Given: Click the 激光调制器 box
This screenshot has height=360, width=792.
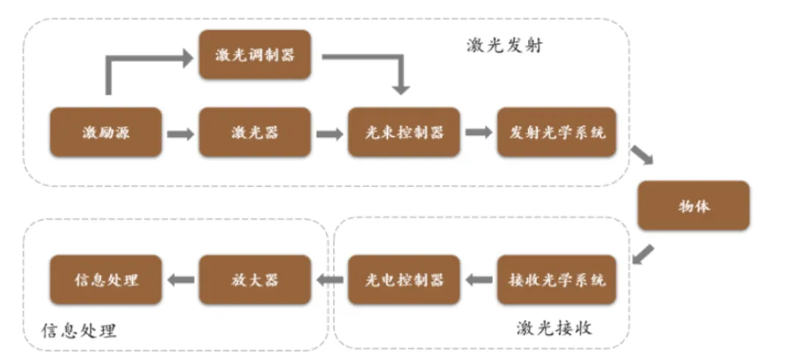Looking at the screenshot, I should coord(254,55).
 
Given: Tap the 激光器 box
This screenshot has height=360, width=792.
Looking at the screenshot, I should coord(254,133).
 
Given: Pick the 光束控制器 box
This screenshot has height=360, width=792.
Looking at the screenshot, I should coord(404,133).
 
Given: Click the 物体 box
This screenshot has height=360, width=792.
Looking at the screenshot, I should coord(693,206).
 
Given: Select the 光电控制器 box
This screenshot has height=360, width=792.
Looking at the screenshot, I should coord(404,279).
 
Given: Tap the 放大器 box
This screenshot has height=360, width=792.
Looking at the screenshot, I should coord(254,279).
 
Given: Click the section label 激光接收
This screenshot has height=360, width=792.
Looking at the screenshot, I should coord(554,328).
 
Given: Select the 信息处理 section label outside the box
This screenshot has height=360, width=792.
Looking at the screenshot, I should coord(79,330).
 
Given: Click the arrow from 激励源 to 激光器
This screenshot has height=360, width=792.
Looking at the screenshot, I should coord(180,134).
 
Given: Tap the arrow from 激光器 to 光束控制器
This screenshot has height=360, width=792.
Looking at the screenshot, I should coord(329,134).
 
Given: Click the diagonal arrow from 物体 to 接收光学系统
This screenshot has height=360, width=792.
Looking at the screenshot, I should coord(642,254).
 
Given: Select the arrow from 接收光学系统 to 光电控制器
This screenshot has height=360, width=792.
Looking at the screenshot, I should coord(479,279).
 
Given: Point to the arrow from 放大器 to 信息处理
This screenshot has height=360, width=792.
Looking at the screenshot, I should coord(181,279).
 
